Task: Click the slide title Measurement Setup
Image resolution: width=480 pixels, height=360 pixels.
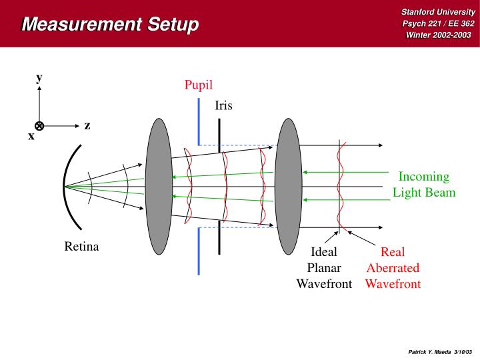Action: coord(110,25)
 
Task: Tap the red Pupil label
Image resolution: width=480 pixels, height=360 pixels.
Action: coord(198,85)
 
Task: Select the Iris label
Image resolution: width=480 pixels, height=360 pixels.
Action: coord(224,105)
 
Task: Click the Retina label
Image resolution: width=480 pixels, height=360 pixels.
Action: coord(81,247)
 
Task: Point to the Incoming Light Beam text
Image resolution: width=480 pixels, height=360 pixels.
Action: coord(423,185)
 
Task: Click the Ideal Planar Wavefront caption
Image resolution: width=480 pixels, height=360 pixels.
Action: coord(324,268)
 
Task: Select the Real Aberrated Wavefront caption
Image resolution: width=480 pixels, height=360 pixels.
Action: coord(393,268)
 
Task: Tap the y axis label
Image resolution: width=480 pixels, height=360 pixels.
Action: coord(39,77)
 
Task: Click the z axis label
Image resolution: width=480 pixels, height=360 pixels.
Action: coord(87,125)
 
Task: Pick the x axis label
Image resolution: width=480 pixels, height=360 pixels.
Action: coord(31,135)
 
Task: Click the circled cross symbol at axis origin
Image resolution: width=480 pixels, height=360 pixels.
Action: coord(39,125)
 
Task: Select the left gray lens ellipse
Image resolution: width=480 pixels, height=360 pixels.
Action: coord(158,186)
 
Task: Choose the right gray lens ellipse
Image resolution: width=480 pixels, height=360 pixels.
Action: coord(289,186)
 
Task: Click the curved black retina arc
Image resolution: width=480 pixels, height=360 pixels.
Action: coord(67,186)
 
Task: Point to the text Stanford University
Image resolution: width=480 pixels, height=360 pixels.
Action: coord(437,11)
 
